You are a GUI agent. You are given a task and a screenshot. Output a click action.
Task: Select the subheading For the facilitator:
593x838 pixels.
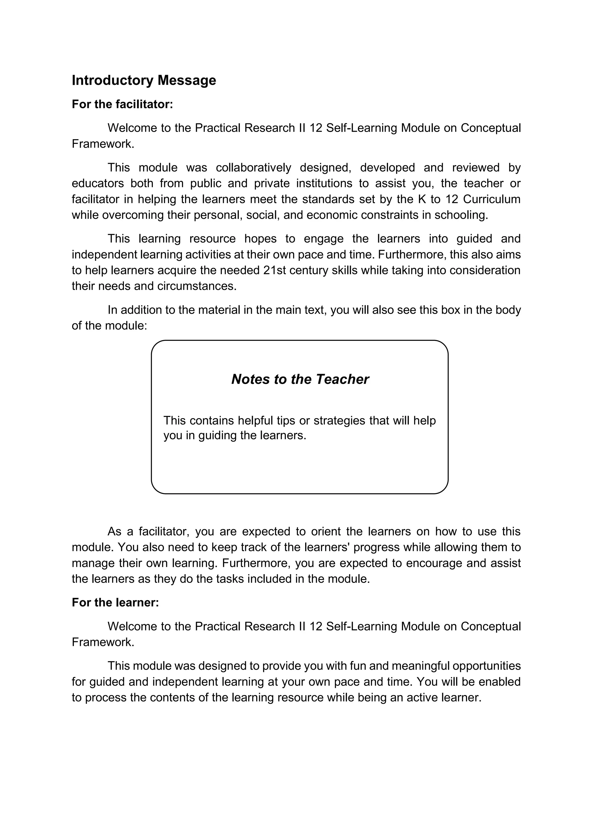click(122, 104)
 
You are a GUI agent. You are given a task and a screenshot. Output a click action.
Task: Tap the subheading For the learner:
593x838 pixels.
click(116, 602)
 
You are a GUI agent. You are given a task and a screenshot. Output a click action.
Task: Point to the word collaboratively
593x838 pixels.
click(253, 168)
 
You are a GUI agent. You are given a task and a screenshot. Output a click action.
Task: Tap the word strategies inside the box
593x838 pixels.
click(339, 420)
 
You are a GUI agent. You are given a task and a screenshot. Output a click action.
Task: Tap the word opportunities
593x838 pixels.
click(486, 666)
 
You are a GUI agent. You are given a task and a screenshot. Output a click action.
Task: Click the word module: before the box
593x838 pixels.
click(126, 326)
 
